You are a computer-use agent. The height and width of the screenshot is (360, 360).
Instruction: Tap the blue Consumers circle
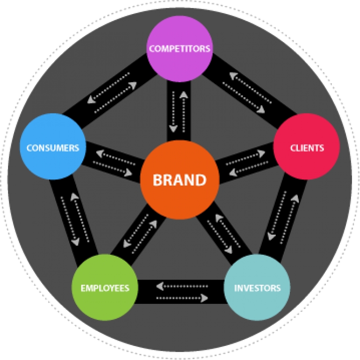(x=52, y=147)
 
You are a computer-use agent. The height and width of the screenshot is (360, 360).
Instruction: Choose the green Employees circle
(x=105, y=287)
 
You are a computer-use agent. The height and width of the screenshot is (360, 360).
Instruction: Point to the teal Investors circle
(x=257, y=287)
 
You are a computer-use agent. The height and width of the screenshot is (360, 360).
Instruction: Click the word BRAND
(x=180, y=180)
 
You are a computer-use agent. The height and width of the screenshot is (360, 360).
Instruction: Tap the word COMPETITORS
(x=180, y=49)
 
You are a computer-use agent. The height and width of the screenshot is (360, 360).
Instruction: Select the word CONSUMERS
(x=52, y=148)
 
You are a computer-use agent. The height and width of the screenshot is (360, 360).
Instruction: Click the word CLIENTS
(x=307, y=148)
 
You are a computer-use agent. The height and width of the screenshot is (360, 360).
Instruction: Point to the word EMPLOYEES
(x=105, y=288)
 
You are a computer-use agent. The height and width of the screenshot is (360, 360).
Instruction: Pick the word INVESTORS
(x=257, y=288)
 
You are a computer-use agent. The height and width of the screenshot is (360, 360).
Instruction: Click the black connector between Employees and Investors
(x=181, y=291)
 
